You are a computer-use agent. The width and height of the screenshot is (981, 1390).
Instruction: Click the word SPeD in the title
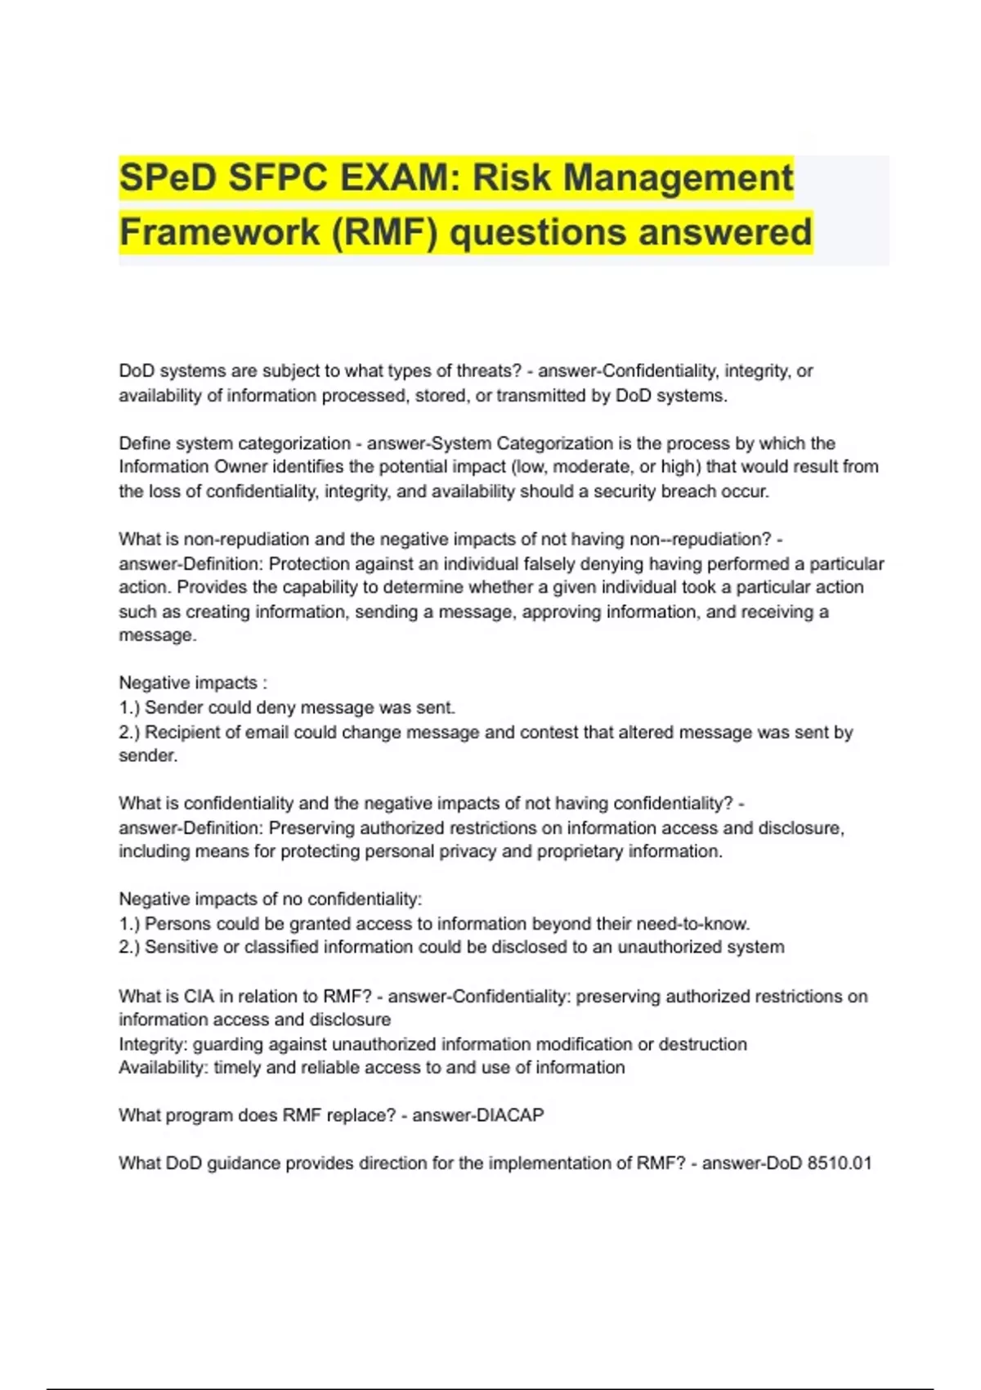click(168, 177)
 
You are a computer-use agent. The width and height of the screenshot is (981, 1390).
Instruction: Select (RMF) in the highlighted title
click(384, 231)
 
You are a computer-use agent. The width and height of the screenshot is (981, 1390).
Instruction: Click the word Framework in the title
click(219, 231)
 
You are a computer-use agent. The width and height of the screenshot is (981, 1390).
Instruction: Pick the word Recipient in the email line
click(181, 733)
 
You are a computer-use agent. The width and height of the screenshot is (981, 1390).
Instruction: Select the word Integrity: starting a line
click(153, 1045)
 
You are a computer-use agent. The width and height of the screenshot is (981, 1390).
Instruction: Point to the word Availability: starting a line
click(163, 1068)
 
